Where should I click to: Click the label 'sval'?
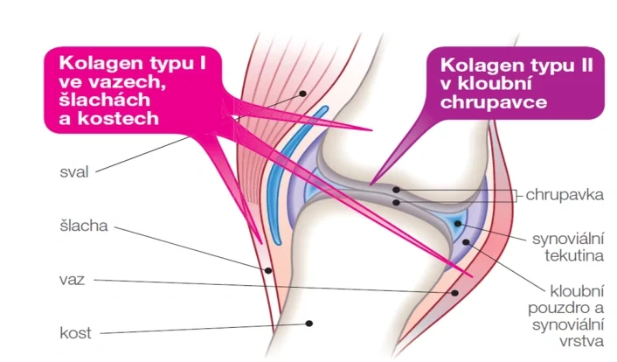(74, 172)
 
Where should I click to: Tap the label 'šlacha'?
(84, 226)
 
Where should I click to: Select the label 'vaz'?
(72, 280)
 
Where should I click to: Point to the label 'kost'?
(75, 333)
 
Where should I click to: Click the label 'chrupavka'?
(565, 195)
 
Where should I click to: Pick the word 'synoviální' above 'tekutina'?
(568, 239)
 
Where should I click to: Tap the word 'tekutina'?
(574, 256)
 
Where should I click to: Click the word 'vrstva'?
(581, 341)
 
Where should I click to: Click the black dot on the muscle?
(302, 94)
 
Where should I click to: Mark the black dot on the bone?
(309, 324)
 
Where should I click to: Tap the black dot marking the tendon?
(268, 270)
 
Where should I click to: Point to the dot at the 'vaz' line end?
(454, 293)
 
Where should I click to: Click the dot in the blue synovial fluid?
(458, 224)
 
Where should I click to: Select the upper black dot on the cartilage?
(396, 190)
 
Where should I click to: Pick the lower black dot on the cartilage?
(396, 203)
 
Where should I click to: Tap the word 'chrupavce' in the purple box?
(494, 102)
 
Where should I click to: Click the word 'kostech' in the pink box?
(119, 119)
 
